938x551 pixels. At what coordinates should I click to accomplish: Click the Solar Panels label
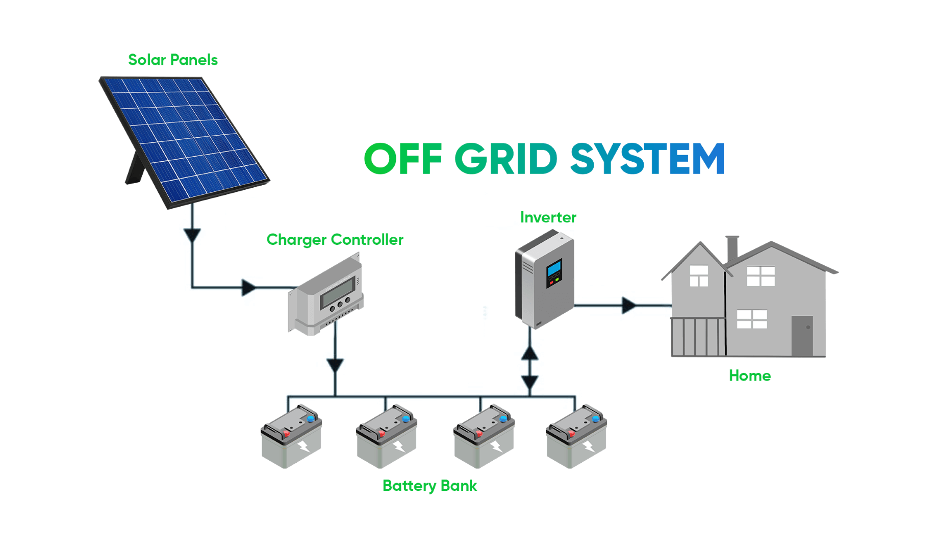pyautogui.click(x=172, y=60)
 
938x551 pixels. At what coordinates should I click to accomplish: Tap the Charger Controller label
pyautogui.click(x=335, y=240)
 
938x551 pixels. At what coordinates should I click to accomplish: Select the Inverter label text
pyautogui.click(x=548, y=217)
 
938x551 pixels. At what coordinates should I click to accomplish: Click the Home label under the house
pyautogui.click(x=749, y=376)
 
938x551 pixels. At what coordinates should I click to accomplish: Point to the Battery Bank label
pyautogui.click(x=429, y=486)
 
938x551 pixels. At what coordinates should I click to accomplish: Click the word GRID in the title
pyautogui.click(x=505, y=159)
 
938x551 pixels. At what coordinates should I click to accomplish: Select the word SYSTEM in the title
pyautogui.click(x=647, y=159)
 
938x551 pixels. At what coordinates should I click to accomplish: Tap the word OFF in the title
pyautogui.click(x=403, y=159)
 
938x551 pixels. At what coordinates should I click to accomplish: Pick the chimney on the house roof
pyautogui.click(x=732, y=248)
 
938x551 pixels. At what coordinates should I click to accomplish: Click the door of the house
pyautogui.click(x=802, y=336)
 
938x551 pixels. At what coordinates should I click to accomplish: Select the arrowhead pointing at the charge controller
pyautogui.click(x=248, y=287)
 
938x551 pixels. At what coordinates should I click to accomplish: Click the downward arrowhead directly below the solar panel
pyautogui.click(x=192, y=235)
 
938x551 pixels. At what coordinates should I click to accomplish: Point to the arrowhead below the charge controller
pyautogui.click(x=335, y=365)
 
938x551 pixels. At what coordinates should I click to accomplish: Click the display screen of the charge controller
pyautogui.click(x=338, y=292)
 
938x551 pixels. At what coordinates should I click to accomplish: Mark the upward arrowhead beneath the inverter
pyautogui.click(x=530, y=353)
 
